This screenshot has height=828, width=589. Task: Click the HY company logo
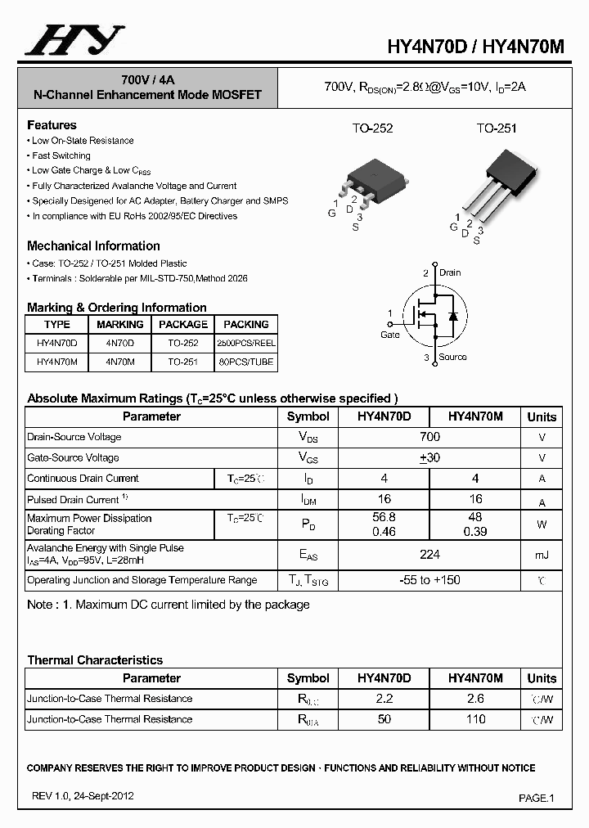coord(74,40)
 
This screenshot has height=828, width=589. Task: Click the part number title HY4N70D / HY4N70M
coord(475,47)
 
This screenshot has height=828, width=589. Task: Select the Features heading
coord(52,125)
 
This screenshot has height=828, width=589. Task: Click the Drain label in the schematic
coord(450,272)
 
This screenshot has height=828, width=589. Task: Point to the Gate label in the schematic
coord(390,335)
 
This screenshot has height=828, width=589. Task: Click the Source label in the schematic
coord(452,357)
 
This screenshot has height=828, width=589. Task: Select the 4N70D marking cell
coord(119,344)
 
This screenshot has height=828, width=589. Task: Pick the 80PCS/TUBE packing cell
coord(245,362)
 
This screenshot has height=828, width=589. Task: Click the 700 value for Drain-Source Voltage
coord(429,437)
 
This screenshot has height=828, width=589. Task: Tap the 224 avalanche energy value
coord(429,555)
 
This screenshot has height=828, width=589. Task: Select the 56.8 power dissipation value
coord(384,517)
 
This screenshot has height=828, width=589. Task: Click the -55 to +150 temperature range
coord(429,580)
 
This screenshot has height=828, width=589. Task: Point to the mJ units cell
coord(542,555)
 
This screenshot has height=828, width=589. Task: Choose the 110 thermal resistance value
coord(475,719)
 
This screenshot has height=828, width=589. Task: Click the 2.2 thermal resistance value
coord(384,699)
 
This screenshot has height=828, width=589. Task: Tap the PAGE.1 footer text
coord(537,798)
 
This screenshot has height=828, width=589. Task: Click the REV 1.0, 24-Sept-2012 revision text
coord(83,795)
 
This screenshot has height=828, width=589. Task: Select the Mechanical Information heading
coord(93,245)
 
